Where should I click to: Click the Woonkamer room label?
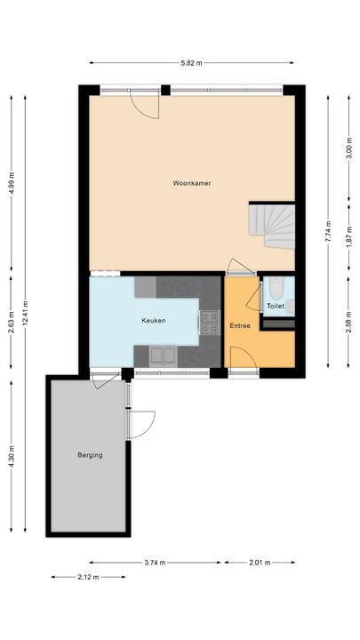click(192, 183)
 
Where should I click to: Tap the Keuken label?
click(153, 320)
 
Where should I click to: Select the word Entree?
click(240, 326)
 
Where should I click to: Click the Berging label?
click(90, 455)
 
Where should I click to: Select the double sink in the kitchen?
click(163, 356)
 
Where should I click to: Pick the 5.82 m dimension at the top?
click(191, 63)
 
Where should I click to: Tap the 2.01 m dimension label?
click(260, 563)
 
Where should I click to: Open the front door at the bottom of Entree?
click(244, 359)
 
